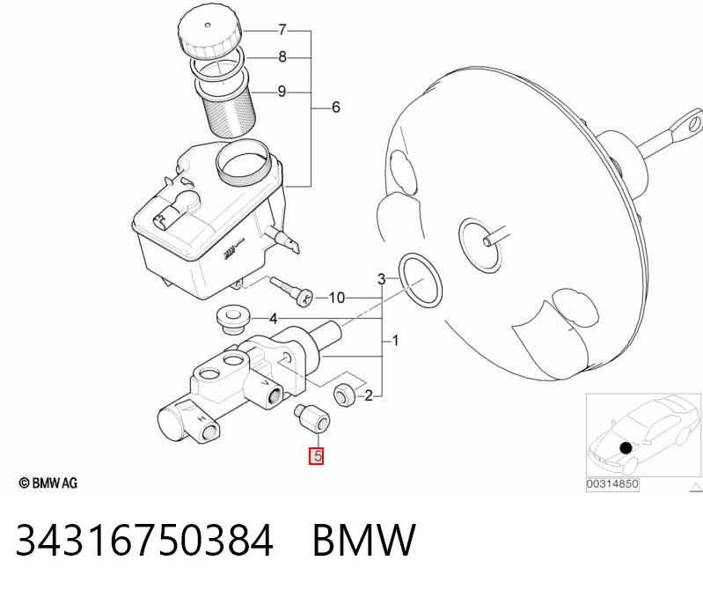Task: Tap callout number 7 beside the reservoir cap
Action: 282,30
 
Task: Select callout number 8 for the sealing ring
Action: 282,57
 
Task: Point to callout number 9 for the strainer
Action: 282,92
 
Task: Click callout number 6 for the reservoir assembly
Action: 336,107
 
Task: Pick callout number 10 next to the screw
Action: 337,298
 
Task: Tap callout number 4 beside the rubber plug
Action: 274,319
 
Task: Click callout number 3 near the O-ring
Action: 381,279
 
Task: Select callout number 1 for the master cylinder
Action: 395,342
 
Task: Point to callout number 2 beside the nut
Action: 368,395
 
